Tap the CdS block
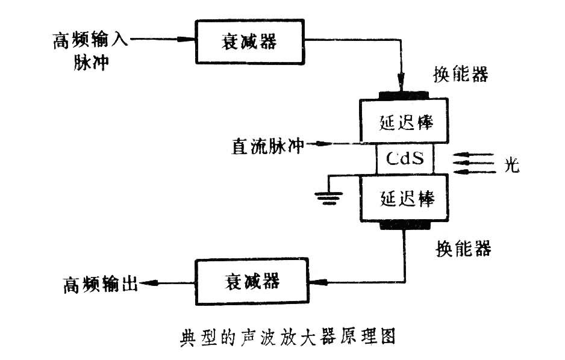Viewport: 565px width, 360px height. (x=405, y=160)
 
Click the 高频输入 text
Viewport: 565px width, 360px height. (x=90, y=40)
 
